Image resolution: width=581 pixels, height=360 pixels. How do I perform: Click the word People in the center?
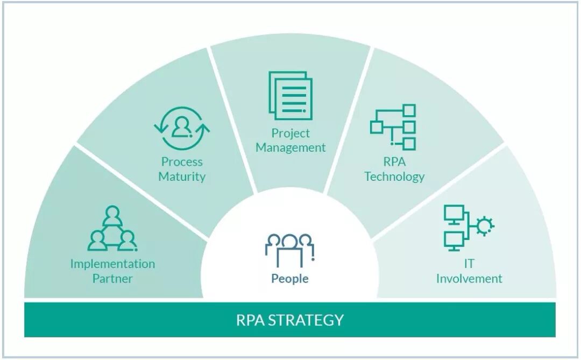tap(290, 279)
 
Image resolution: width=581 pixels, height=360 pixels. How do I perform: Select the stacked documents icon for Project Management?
tap(290, 95)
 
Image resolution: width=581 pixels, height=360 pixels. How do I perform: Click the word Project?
tap(290, 133)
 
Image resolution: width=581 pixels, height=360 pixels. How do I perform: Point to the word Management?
tap(290, 147)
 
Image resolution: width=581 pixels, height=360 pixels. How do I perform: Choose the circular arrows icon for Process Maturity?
tap(182, 128)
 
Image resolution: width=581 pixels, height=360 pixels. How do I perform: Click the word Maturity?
tap(182, 176)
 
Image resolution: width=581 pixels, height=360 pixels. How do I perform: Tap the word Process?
tap(182, 161)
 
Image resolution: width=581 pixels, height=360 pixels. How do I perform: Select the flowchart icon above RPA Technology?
tap(393, 127)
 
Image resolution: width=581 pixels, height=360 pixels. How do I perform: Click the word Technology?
tap(394, 177)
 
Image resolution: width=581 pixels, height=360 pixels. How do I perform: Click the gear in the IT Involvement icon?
tap(484, 225)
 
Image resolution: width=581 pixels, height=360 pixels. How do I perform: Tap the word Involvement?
tap(469, 279)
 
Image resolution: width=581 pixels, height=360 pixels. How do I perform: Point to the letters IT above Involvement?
tap(469, 264)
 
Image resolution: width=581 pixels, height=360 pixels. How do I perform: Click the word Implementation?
tap(112, 264)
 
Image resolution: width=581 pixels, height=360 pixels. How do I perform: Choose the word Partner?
tap(112, 278)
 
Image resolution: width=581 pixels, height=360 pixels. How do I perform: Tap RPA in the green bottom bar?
tap(250, 320)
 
